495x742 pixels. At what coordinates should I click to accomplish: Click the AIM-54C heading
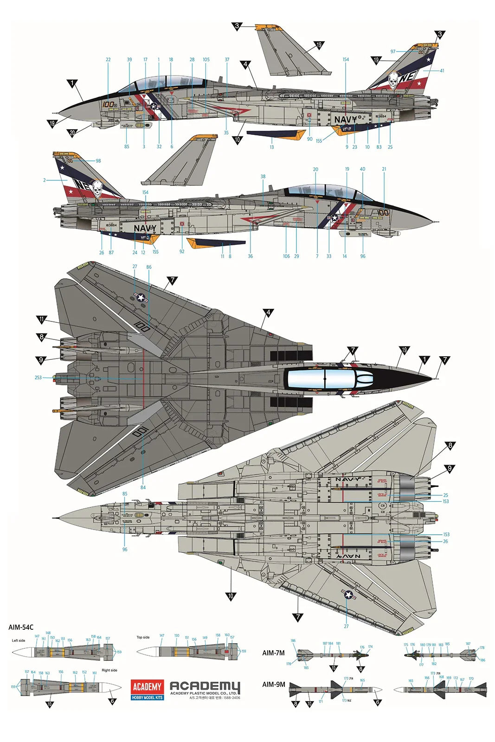[x=21, y=627]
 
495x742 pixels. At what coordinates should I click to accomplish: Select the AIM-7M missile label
[x=273, y=653]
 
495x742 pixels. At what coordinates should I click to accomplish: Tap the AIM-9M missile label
[x=273, y=684]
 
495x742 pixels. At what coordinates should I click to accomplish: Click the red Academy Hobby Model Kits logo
[x=147, y=689]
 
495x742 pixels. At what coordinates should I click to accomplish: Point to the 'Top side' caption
[x=143, y=637]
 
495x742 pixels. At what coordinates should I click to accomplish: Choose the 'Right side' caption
[x=109, y=670]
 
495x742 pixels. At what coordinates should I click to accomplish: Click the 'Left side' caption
[x=19, y=640]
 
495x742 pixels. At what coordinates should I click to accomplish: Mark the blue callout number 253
[x=38, y=377]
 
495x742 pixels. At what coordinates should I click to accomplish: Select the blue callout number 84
[x=143, y=487]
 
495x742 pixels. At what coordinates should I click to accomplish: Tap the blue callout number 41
[x=442, y=70]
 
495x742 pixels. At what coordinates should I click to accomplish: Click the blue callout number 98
[x=98, y=161]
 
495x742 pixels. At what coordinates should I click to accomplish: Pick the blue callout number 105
[x=206, y=59]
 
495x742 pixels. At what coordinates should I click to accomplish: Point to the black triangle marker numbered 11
[x=42, y=320]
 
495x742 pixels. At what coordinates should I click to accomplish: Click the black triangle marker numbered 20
[x=72, y=133]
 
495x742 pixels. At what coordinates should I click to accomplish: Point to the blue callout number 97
[x=393, y=51]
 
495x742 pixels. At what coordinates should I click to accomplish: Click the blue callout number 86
[x=148, y=267]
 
